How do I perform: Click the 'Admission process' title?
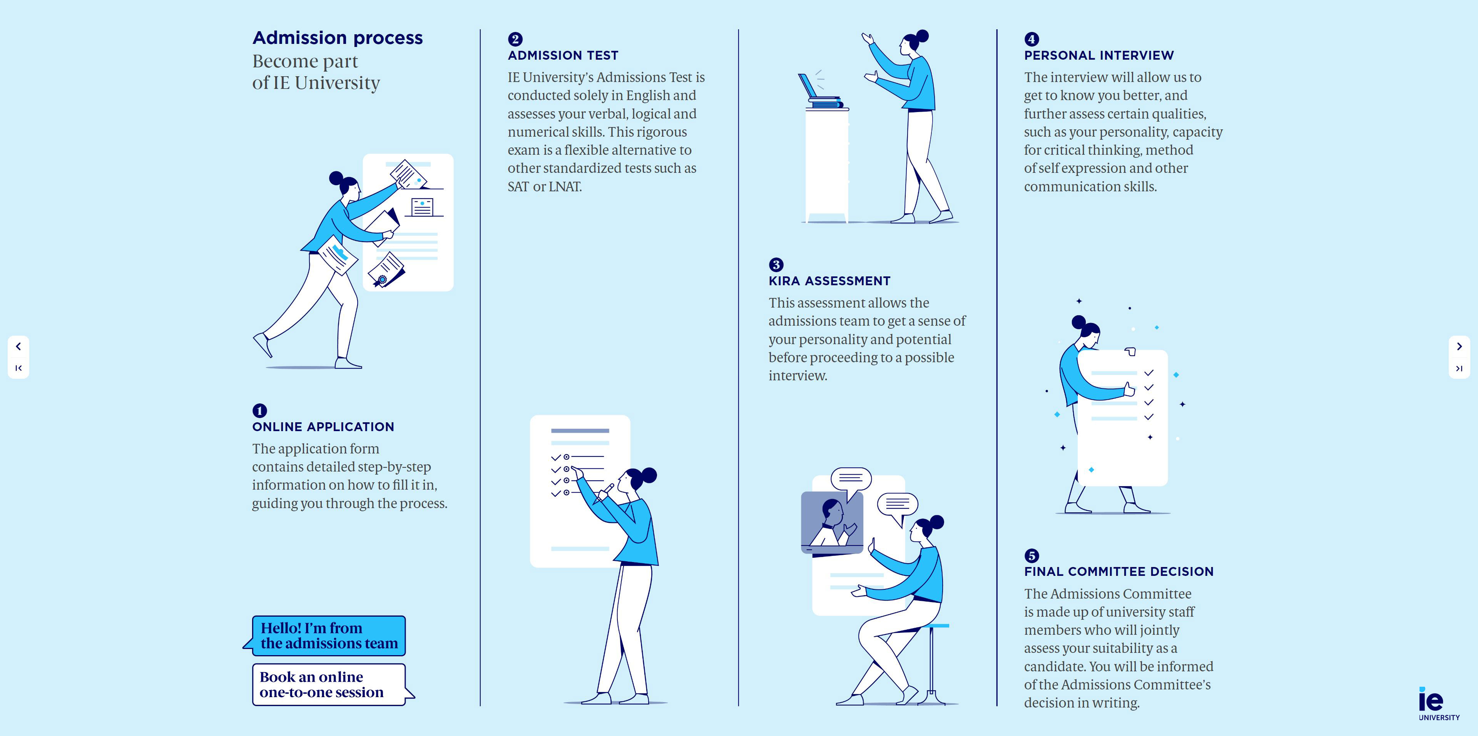[338, 38]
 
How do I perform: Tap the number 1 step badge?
[259, 410]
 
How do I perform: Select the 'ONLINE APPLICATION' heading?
[323, 427]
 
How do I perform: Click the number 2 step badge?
[515, 39]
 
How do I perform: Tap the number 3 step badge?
[776, 264]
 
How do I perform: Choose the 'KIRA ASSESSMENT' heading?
[829, 281]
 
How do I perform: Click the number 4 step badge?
[1031, 39]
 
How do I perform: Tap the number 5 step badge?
[1031, 555]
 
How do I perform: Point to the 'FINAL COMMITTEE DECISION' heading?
[1119, 571]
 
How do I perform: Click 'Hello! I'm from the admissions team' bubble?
[329, 636]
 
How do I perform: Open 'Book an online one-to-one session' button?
[329, 684]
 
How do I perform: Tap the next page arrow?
[1459, 346]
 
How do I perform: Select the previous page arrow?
[18, 346]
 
